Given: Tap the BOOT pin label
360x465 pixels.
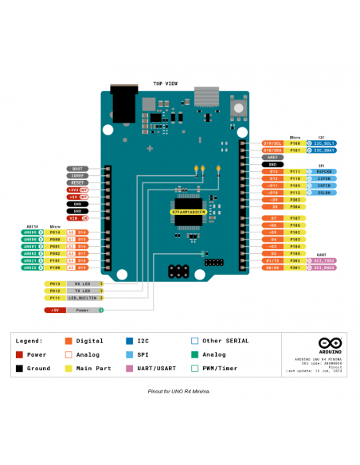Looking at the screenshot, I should coord(77,170).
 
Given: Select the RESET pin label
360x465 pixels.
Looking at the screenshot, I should coord(77,182).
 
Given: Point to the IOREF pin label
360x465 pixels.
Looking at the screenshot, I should coord(77,176).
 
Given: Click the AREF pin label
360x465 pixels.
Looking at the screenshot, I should coord(273,157).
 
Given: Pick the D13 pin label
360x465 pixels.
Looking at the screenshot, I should coord(273,171).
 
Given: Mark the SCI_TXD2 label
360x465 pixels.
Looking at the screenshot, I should coord(324,260).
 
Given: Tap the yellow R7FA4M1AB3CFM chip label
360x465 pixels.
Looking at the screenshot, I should coord(189,213).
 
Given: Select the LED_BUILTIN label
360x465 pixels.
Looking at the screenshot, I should coord(83,297).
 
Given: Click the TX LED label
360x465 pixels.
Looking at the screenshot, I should coord(83,290).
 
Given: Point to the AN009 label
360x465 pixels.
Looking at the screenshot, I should coord(32,232).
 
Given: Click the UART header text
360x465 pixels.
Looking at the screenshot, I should coord(321,254).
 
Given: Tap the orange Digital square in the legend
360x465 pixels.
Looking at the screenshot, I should coord(68,341).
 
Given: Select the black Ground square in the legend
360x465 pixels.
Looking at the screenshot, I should coord(19,368).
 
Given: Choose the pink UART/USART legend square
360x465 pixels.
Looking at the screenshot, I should coord(130,368).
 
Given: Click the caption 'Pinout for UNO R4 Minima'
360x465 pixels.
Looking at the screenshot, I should coord(179,392).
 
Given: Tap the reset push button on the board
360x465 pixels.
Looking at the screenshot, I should coord(237,107).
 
